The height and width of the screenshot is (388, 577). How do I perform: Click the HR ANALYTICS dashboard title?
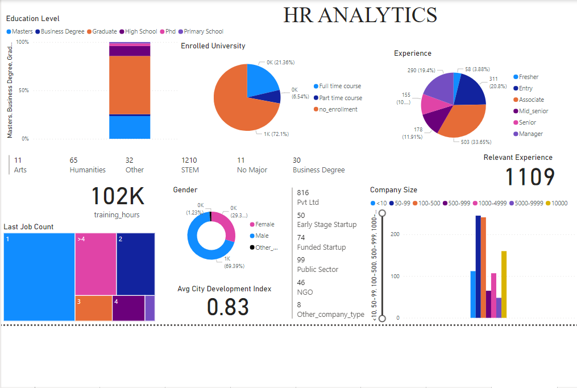(360, 15)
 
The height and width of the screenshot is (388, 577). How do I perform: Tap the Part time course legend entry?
(340, 98)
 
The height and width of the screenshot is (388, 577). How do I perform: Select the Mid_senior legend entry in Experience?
(533, 112)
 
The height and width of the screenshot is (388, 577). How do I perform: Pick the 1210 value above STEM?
(189, 160)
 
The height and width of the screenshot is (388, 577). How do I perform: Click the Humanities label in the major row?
(88, 170)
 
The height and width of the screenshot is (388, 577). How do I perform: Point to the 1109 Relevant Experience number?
(530, 178)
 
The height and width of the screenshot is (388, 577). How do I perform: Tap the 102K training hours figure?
(118, 197)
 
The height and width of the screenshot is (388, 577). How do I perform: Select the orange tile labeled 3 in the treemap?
(93, 308)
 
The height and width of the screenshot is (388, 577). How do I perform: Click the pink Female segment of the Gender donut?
(228, 226)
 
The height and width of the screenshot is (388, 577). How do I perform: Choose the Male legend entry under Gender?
(261, 236)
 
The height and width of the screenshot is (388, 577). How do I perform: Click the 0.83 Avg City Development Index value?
(228, 307)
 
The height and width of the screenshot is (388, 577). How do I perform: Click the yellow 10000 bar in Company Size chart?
(504, 284)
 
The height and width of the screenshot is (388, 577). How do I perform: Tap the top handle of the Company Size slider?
(382, 213)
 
